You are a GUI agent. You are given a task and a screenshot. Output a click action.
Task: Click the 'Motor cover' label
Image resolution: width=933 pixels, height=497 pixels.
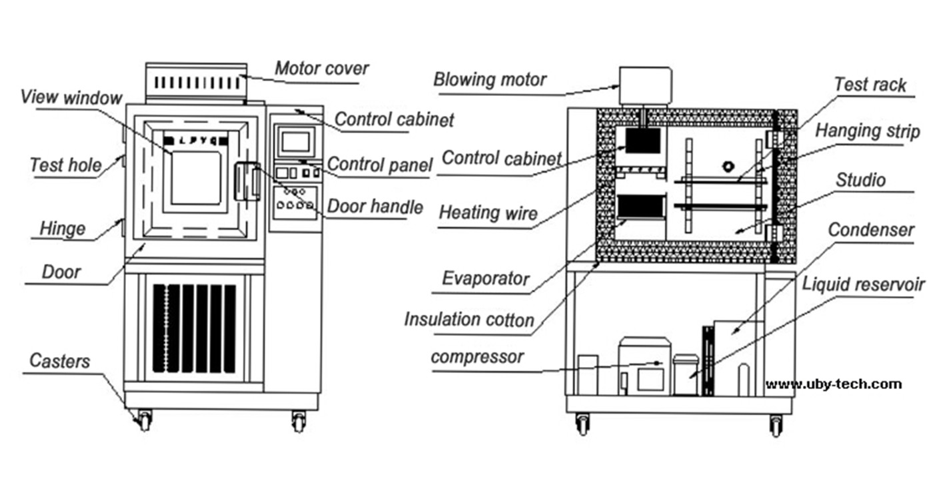(x=321, y=69)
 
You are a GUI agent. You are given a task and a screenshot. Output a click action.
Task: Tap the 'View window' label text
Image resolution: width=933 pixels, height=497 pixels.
(x=71, y=97)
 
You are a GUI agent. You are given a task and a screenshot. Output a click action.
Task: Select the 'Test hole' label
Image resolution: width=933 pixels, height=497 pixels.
(x=65, y=165)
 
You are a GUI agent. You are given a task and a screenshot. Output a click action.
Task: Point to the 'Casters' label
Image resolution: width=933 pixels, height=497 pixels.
(x=59, y=361)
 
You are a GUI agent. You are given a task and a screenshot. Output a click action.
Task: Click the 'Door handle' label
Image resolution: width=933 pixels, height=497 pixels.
(x=375, y=207)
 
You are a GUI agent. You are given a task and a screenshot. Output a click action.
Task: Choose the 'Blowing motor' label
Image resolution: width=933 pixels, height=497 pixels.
(x=490, y=79)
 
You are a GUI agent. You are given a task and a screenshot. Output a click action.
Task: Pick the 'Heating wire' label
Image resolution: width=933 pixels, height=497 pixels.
(x=488, y=213)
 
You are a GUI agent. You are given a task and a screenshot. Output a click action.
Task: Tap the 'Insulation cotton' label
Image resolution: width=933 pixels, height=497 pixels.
(x=469, y=320)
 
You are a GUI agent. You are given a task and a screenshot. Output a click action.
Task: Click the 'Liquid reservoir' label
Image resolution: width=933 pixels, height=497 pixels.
(x=863, y=284)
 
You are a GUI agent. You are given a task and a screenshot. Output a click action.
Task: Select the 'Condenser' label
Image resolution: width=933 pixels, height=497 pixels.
(x=871, y=230)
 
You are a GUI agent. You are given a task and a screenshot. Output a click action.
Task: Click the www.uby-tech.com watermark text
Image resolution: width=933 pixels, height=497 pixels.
(x=834, y=384)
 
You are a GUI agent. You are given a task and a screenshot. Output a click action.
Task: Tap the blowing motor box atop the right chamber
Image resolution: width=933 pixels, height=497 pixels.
(x=645, y=85)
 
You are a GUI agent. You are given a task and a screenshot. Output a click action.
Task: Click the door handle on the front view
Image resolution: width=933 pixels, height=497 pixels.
(x=247, y=181)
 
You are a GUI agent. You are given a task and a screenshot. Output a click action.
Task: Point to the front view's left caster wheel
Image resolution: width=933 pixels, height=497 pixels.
(x=144, y=421)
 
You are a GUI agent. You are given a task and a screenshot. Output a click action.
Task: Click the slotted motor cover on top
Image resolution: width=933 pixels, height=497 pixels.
(x=196, y=83)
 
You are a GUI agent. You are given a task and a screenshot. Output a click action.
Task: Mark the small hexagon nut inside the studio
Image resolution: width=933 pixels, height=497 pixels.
(x=728, y=167)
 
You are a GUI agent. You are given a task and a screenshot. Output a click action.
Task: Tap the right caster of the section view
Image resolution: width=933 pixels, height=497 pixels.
(x=776, y=426)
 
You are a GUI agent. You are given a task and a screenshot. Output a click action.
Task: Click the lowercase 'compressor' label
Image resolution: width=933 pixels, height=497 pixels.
(x=477, y=357)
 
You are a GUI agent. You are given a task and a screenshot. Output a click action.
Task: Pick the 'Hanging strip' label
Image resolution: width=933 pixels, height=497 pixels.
(x=867, y=131)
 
